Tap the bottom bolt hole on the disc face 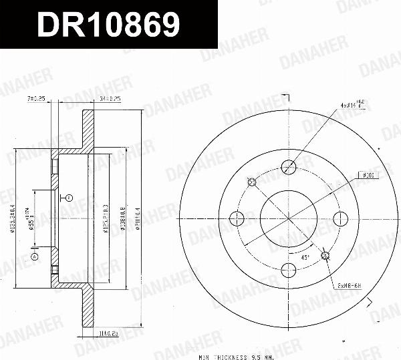(289, 269)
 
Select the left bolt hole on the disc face (237, 217)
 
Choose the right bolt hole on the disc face (340, 217)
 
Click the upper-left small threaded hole (253, 181)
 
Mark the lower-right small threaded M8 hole (325, 254)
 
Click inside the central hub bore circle (289, 217)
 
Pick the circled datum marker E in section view (69, 198)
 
